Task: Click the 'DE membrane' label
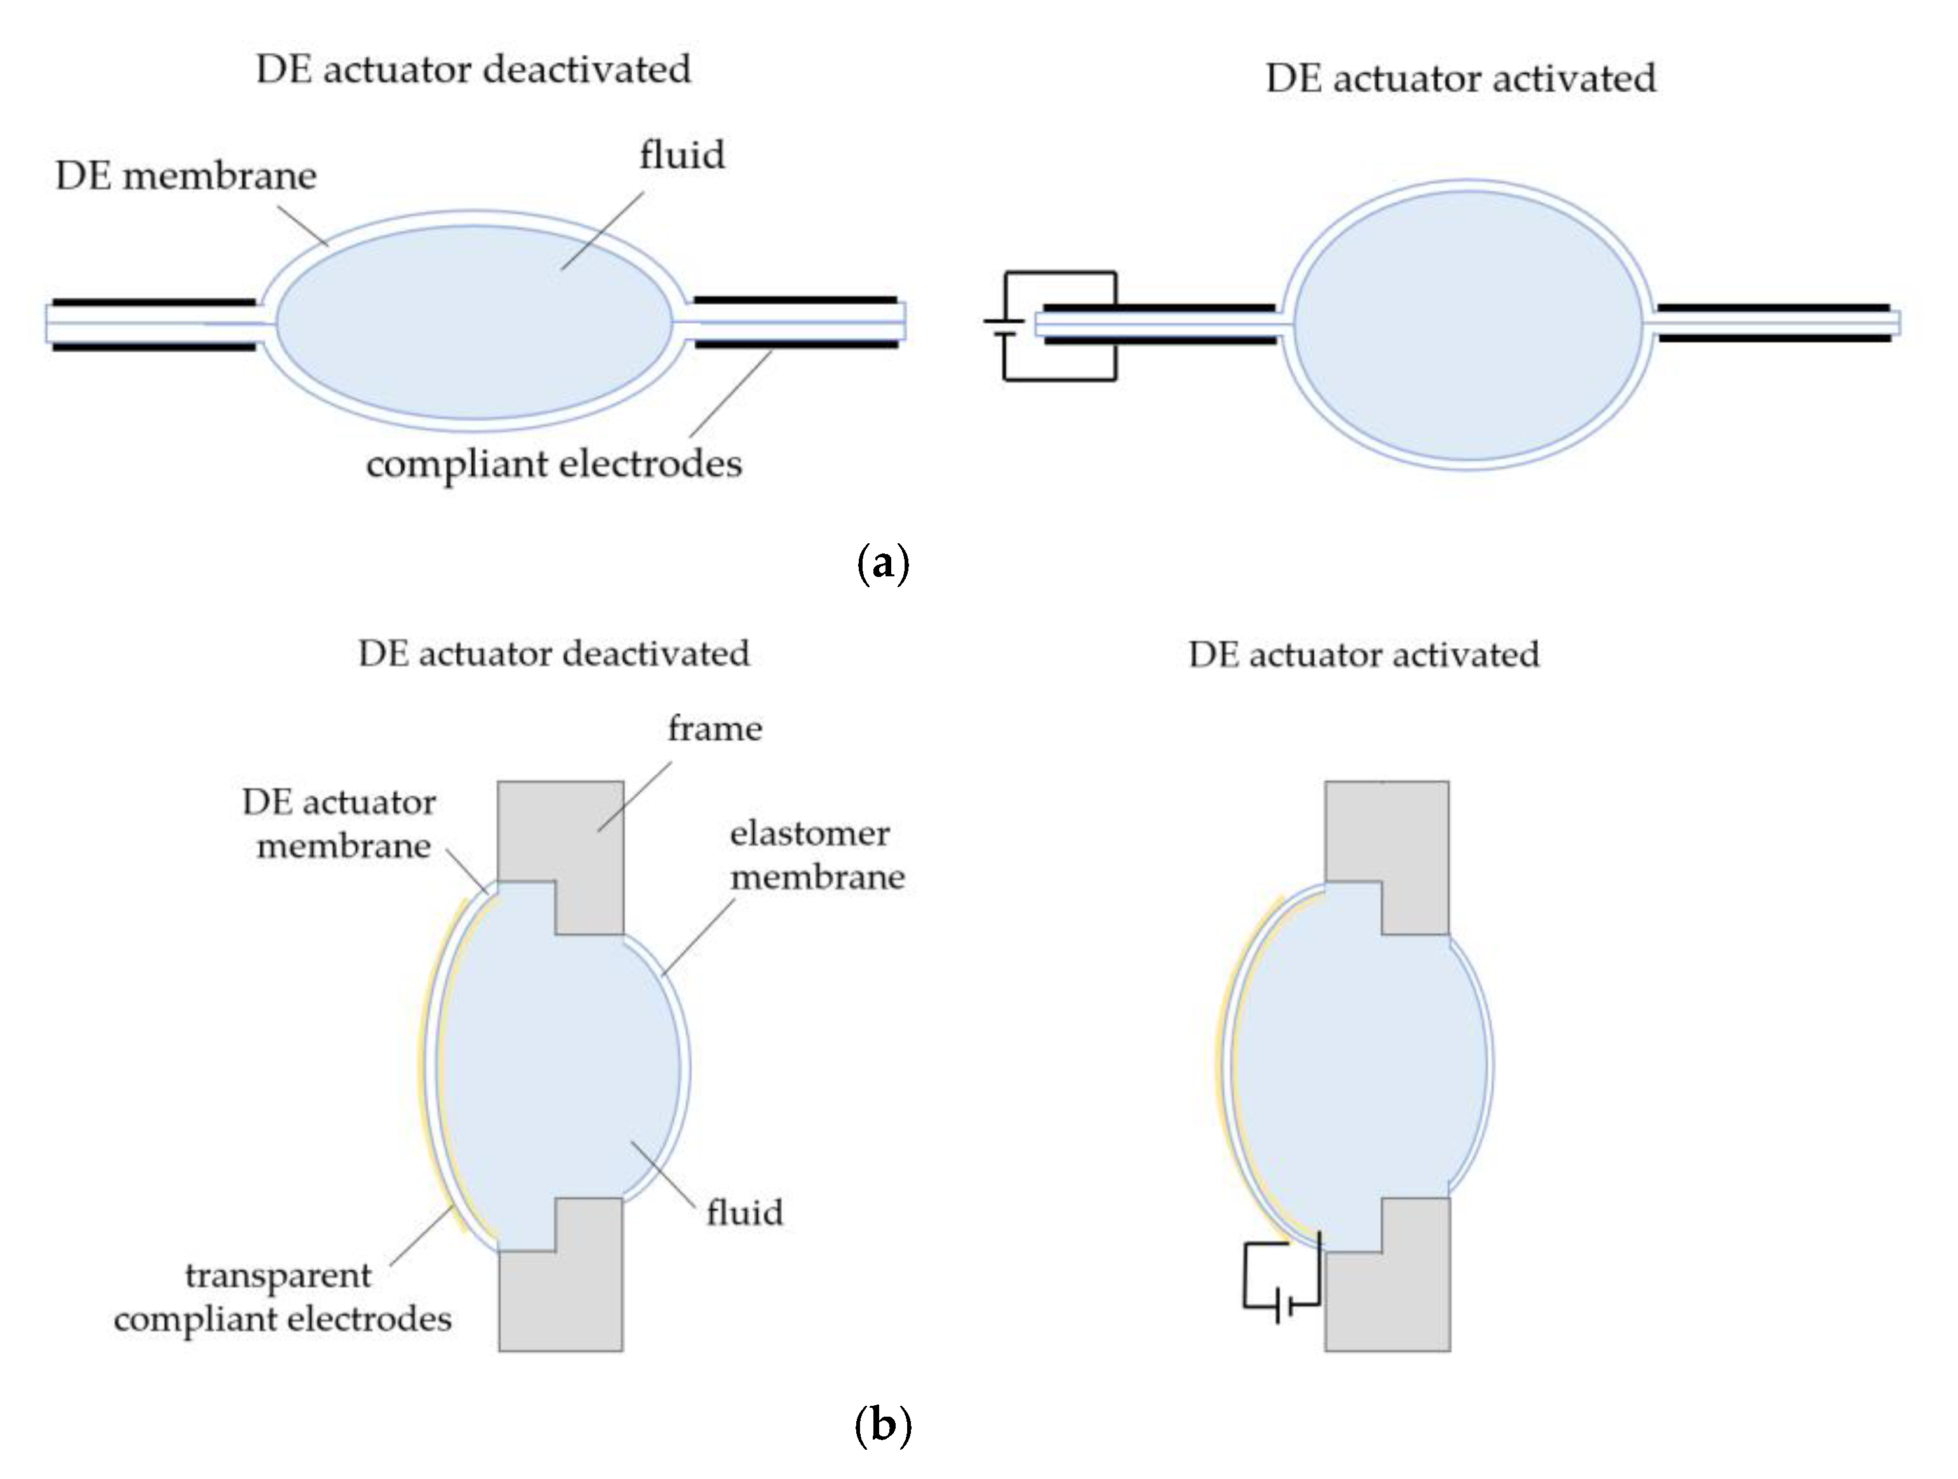[x=186, y=176]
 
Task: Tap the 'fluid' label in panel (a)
[x=681, y=155]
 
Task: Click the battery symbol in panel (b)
[x=1282, y=1305]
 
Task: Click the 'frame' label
[x=714, y=728]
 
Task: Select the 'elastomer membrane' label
[x=816, y=855]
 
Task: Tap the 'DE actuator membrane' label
[x=340, y=824]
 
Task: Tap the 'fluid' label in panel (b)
[x=744, y=1212]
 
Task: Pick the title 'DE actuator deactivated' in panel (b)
[x=553, y=654]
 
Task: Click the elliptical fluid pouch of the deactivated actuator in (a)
[x=475, y=337]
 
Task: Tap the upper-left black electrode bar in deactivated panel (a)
[x=153, y=302]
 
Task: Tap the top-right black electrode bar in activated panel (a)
[x=1773, y=308]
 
